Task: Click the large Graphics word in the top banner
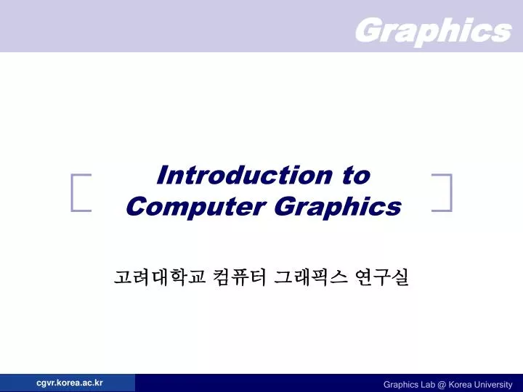pos(433,30)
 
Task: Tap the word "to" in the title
pos(354,175)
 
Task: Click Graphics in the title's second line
pos(338,207)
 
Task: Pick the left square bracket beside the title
pos(81,192)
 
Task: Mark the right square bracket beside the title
pos(442,192)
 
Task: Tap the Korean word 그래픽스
pos(310,277)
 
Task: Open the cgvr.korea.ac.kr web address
pos(70,383)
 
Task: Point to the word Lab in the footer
pos(430,385)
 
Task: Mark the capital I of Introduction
pos(162,175)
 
